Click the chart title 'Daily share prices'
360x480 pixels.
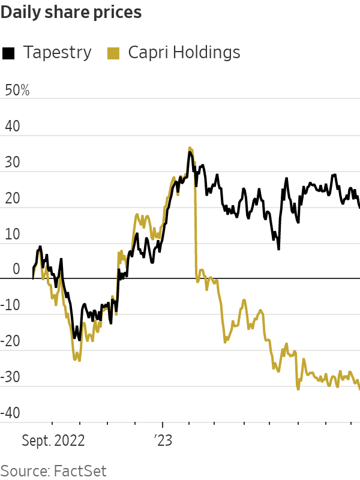click(x=71, y=13)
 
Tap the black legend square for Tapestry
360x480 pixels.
click(x=8, y=53)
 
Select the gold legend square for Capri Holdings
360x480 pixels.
click(x=112, y=53)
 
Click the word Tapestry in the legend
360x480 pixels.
click(x=57, y=53)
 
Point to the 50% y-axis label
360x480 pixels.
click(x=17, y=91)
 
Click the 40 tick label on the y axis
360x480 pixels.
click(x=12, y=127)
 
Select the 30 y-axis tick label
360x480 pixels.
click(x=12, y=163)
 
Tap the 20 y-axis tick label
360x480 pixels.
click(x=12, y=199)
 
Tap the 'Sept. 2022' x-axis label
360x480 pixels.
click(x=53, y=441)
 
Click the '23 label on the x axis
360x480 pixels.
click(x=163, y=441)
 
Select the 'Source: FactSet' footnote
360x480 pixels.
click(x=53, y=469)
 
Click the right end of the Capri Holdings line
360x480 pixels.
click(x=359, y=389)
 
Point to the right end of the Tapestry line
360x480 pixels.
click(x=359, y=208)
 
